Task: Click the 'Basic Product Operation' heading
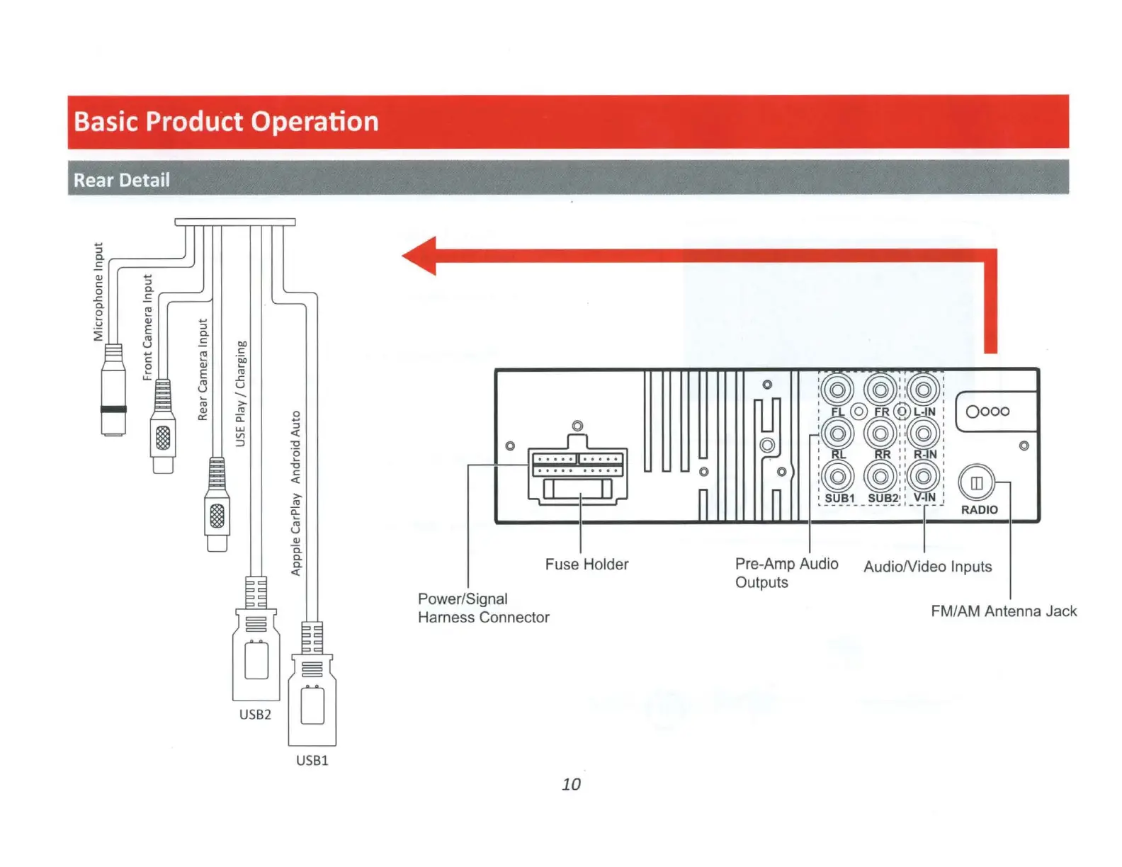[x=226, y=122]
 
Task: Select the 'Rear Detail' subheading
[x=122, y=180]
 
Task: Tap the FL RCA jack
[x=837, y=390]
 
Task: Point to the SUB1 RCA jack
[x=837, y=477]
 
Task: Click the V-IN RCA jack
[x=924, y=477]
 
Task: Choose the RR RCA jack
[x=880, y=433]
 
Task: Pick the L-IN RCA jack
[x=924, y=390]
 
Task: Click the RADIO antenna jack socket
[x=976, y=483]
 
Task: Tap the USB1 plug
[x=312, y=698]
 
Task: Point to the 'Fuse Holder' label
[x=586, y=565]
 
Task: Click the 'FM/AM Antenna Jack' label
[x=1003, y=611]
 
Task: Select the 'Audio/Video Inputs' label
[x=927, y=567]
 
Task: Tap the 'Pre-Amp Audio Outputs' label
[x=786, y=573]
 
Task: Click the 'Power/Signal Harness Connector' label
[x=483, y=608]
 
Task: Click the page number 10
[x=571, y=784]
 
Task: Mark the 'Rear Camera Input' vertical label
[x=203, y=369]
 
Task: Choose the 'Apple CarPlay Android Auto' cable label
[x=296, y=493]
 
